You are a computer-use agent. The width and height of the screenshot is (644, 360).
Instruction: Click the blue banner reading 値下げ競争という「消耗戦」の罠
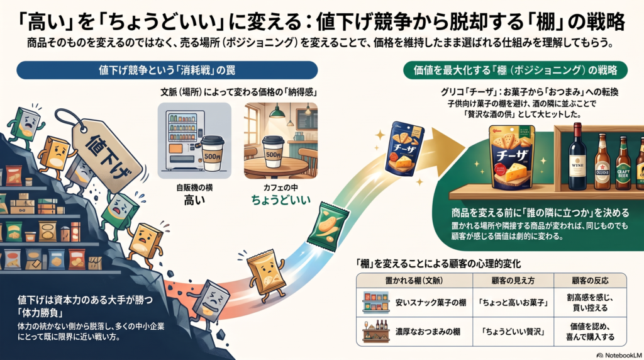pyautogui.click(x=167, y=70)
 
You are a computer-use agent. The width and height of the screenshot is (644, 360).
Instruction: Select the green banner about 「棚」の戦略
pyautogui.click(x=515, y=70)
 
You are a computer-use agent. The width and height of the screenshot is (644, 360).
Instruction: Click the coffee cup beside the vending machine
pyautogui.click(x=213, y=153)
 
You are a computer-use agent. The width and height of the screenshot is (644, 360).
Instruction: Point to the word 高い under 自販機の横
pyautogui.click(x=194, y=201)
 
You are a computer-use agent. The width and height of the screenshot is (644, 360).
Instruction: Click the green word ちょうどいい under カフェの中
pyautogui.click(x=281, y=201)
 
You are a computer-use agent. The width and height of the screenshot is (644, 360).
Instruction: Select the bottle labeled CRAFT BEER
pyautogui.click(x=623, y=163)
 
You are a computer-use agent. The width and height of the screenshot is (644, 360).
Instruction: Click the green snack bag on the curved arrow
pyautogui.click(x=328, y=227)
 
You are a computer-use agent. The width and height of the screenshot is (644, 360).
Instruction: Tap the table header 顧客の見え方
pyautogui.click(x=513, y=281)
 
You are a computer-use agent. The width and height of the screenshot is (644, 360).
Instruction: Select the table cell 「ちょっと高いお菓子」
pyautogui.click(x=513, y=303)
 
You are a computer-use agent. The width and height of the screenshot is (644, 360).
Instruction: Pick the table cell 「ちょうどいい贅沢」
pyautogui.click(x=513, y=332)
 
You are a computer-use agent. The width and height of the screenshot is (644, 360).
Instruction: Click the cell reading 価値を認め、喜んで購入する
pyautogui.click(x=590, y=332)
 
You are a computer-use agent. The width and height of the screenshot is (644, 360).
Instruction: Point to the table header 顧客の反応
pyautogui.click(x=590, y=281)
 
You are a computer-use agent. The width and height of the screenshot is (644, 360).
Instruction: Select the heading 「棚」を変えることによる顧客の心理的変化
pyautogui.click(x=438, y=264)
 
